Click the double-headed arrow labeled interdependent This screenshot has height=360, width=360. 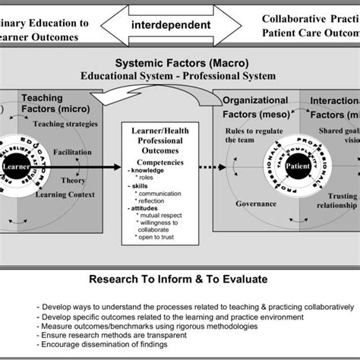pos(180,25)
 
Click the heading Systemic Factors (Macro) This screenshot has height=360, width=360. pos(180,64)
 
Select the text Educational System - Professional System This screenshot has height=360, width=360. pos(180,76)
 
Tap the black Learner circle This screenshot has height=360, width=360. pos(15,165)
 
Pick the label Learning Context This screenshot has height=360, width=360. pos(68,194)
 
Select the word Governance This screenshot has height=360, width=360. pos(249,204)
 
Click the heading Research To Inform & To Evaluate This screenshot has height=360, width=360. pos(180,273)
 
